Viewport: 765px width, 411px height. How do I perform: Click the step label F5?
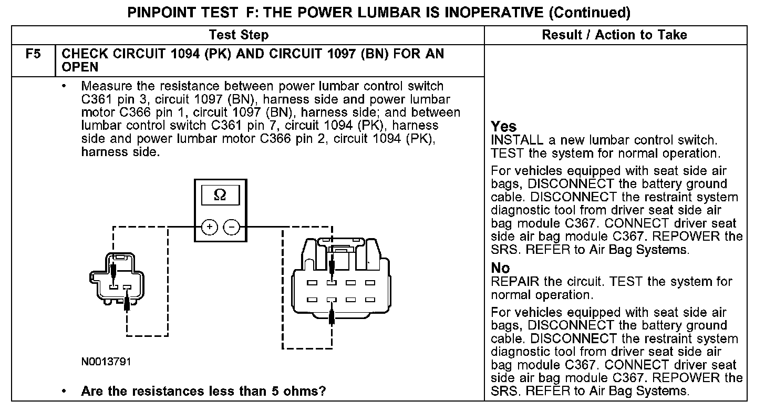pyautogui.click(x=33, y=54)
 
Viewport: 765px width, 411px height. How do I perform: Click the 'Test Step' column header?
pyautogui.click(x=239, y=35)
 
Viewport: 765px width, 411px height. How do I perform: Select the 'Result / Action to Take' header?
pyautogui.click(x=614, y=35)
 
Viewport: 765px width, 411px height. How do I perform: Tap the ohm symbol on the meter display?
pyautogui.click(x=220, y=195)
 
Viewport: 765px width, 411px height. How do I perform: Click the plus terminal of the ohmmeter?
pyautogui.click(x=209, y=227)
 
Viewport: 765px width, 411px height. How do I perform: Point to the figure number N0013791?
pyautogui.click(x=106, y=362)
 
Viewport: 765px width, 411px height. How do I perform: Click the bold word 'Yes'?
pyautogui.click(x=503, y=127)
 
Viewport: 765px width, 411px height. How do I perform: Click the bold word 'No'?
pyautogui.click(x=500, y=268)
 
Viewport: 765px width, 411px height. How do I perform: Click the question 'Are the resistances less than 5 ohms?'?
pyautogui.click(x=203, y=392)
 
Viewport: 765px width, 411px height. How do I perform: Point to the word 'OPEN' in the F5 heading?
pyautogui.click(x=80, y=67)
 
